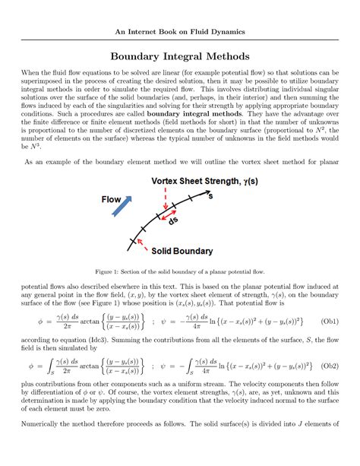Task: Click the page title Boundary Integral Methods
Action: (180, 55)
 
